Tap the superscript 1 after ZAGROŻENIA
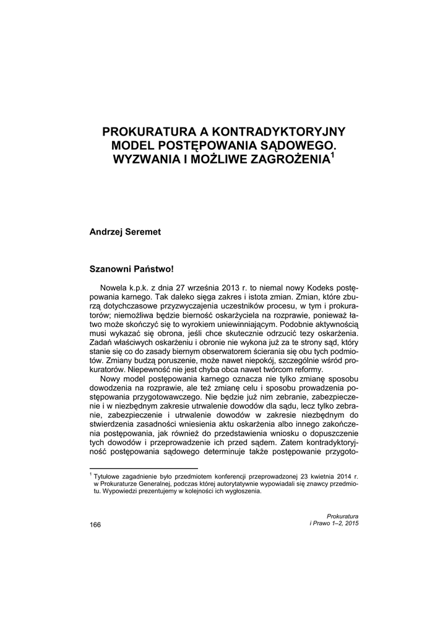click(332, 155)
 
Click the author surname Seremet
click(142, 232)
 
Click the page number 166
click(95, 524)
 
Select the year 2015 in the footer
click(350, 524)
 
